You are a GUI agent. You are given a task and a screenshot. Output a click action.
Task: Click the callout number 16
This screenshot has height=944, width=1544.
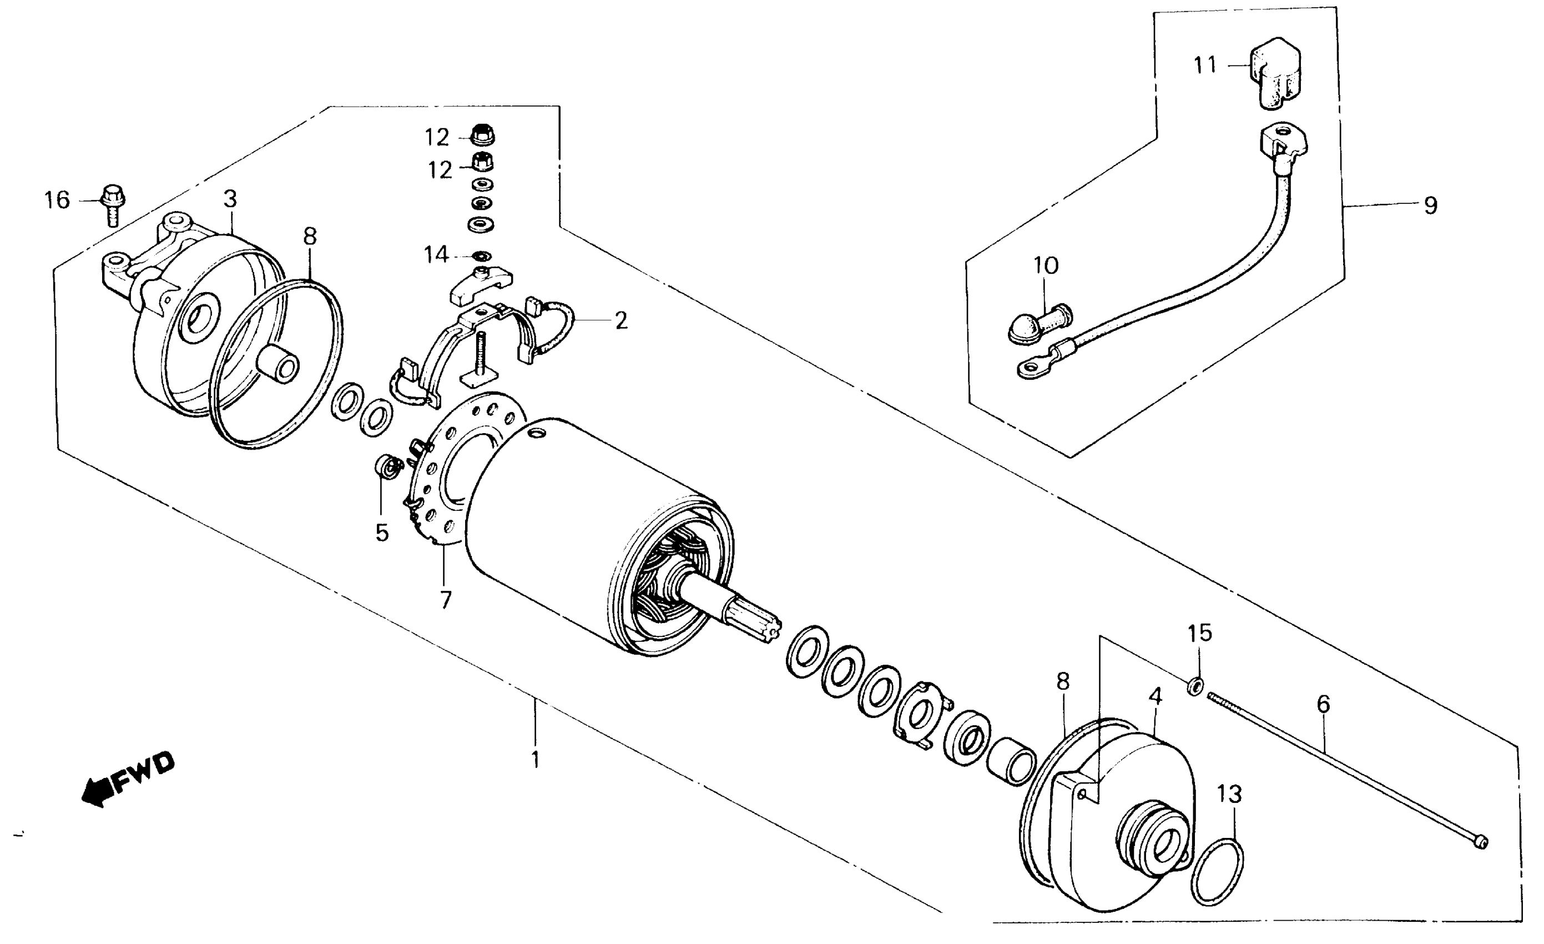57,200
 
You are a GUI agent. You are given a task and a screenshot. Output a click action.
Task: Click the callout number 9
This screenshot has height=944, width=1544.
1431,205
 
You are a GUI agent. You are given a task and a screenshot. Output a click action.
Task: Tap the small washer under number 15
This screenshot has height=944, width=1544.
1195,686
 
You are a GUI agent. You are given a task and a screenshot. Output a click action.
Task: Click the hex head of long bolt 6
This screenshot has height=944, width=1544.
1481,842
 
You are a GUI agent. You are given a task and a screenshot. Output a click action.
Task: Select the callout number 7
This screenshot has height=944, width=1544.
446,600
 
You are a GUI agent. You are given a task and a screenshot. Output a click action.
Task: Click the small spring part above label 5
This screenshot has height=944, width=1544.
388,468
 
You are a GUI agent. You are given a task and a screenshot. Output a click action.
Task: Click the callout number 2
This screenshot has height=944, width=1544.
620,321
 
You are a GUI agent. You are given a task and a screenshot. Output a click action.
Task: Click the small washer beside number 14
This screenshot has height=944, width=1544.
482,256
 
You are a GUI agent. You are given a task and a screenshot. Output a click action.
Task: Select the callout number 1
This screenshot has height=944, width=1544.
535,760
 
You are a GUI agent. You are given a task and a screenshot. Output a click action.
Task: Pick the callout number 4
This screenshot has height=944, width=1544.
1156,696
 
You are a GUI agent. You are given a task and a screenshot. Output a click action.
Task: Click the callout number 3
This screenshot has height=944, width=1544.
230,199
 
